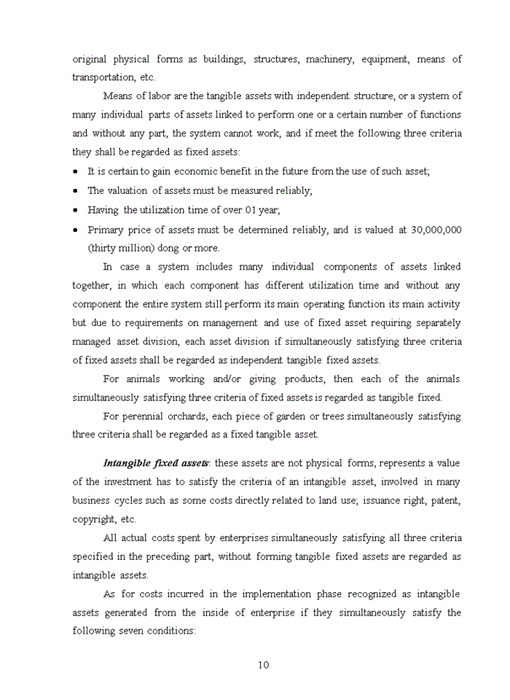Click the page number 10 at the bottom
point(264,664)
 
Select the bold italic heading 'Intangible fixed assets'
point(156,463)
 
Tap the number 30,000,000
point(436,230)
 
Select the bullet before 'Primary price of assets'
point(76,230)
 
